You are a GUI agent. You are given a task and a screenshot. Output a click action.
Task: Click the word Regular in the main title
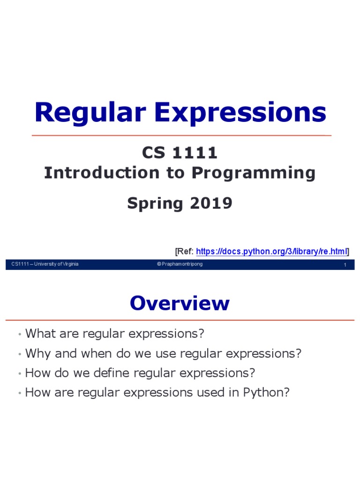90,113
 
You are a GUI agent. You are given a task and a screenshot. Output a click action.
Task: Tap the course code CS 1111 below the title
180,153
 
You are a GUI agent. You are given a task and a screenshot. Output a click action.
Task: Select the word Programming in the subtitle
253,173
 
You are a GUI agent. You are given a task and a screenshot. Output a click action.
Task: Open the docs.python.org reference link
270,252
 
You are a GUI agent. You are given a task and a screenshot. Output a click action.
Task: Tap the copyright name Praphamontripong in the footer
182,264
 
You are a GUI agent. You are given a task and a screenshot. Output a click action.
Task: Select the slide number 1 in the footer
345,265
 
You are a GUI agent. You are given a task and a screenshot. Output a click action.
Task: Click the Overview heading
180,303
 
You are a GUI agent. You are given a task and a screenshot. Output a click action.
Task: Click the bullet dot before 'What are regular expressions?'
19,335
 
